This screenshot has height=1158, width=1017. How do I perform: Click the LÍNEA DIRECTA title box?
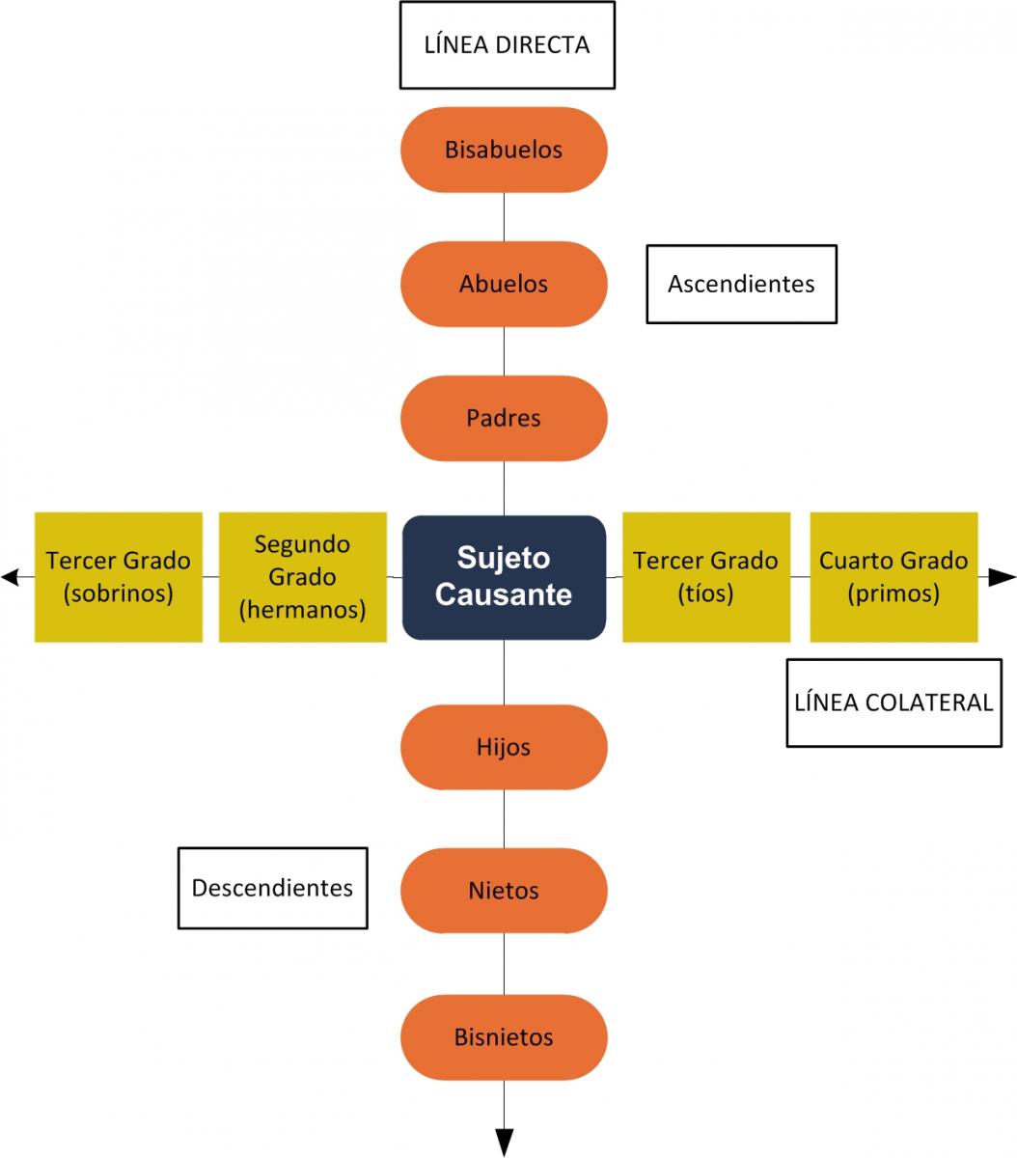[508, 45]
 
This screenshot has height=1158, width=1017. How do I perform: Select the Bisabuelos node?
[504, 150]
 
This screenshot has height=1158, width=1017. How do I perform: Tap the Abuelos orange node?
[504, 284]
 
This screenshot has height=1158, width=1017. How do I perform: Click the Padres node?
[504, 418]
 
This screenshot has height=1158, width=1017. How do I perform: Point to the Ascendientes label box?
[741, 284]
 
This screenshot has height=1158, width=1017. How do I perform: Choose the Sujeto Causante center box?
[504, 577]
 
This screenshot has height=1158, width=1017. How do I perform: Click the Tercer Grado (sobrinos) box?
[119, 577]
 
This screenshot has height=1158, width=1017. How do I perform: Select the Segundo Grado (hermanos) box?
[303, 577]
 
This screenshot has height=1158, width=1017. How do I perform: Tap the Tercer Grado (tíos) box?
[705, 577]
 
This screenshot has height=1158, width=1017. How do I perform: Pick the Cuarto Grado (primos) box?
[893, 577]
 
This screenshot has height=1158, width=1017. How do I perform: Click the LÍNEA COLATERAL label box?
[893, 703]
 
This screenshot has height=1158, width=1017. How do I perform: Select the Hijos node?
[504, 747]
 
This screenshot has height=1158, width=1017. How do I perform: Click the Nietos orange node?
[504, 890]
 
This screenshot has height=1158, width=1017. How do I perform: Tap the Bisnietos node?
[504, 1037]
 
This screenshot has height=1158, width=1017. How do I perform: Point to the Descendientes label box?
[273, 888]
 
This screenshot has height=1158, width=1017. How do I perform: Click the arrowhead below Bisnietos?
[505, 1143]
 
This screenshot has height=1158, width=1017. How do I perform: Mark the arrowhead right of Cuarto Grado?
[1003, 577]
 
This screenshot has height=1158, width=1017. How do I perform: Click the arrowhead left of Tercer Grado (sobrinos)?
[11, 577]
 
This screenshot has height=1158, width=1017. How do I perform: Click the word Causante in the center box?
[504, 594]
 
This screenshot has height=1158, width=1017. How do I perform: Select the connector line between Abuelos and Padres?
[504, 350]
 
